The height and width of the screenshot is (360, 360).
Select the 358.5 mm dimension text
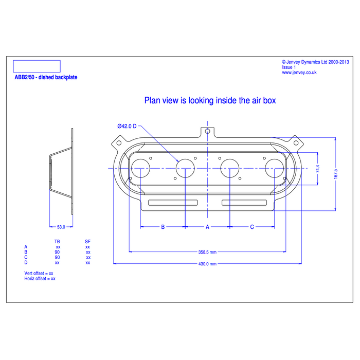pos(207,252)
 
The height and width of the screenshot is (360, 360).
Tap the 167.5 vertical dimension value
pos(335,174)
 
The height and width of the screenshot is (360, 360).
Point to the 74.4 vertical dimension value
pos(318,169)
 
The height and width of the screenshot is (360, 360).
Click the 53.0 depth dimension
pos(61,226)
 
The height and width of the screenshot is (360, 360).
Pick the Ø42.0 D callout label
pos(127,126)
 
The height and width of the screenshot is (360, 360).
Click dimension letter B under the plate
pos(163,226)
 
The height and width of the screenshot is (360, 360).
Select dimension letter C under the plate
pos(251,226)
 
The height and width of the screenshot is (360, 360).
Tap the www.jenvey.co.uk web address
pos(299,73)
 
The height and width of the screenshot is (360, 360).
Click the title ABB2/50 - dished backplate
pos(46,77)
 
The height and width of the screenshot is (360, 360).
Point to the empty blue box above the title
pos(36,66)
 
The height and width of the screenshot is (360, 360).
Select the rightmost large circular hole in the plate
pos(274,168)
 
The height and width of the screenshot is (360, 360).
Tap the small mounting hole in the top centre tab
pos(207,131)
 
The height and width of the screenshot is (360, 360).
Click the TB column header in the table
pos(57,241)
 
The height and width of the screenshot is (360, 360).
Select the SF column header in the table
pos(87,241)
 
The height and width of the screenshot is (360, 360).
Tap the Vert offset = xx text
pos(39,273)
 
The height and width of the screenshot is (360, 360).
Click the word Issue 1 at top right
pos(289,67)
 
